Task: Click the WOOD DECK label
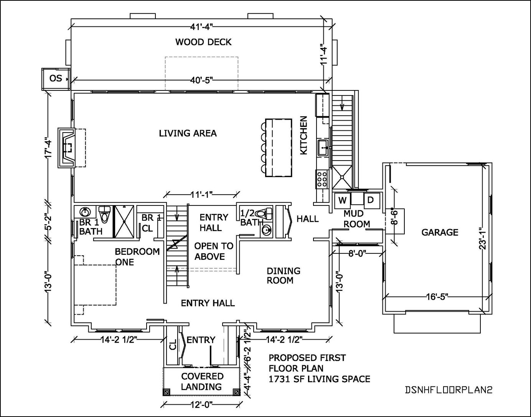tap(203, 42)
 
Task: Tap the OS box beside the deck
tap(56, 79)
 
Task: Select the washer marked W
tap(342, 200)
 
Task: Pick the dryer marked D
tap(371, 200)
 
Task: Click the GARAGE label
tap(440, 232)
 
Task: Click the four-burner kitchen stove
tap(322, 179)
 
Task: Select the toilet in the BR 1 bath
tap(104, 212)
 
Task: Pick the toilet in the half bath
tap(264, 213)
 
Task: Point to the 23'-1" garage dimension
tap(483, 240)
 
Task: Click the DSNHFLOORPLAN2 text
tap(448, 390)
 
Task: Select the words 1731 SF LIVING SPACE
tap(319, 379)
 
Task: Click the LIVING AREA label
tap(188, 133)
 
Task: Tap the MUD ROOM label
tap(356, 219)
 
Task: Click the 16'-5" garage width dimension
tap(437, 297)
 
